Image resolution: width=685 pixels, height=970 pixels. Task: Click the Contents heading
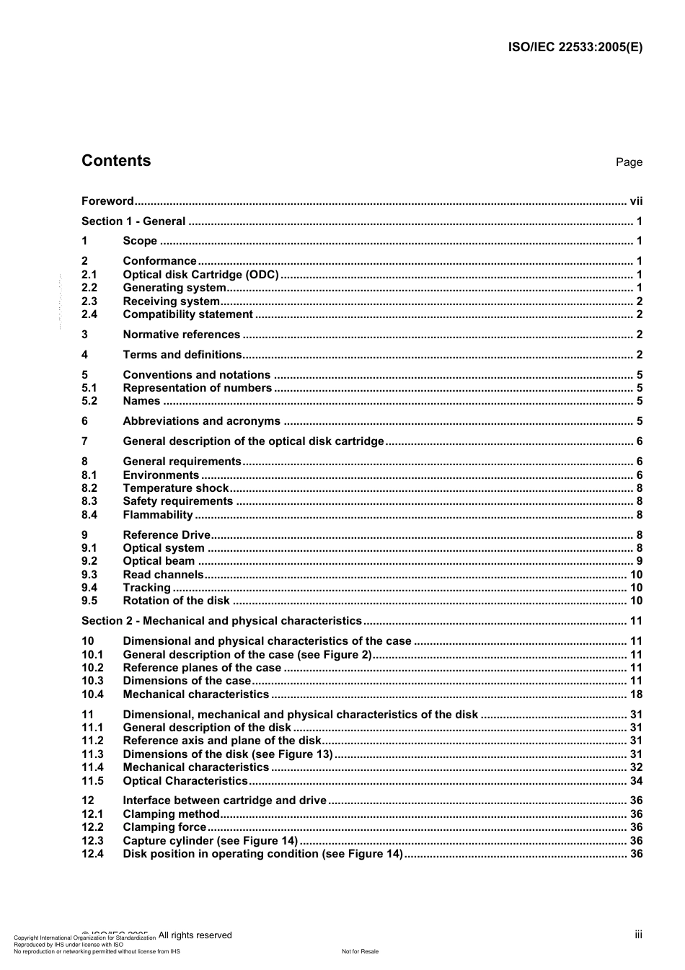point(116,161)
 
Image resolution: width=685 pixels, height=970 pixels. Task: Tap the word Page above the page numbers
point(629,162)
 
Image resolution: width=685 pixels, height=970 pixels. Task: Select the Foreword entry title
point(107,201)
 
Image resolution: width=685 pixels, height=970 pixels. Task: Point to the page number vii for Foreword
point(636,201)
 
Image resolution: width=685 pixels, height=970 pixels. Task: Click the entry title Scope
point(140,241)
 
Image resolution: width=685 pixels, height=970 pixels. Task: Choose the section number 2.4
point(89,314)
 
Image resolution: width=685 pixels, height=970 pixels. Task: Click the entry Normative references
point(182,335)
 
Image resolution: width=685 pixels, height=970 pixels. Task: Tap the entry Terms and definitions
point(182,355)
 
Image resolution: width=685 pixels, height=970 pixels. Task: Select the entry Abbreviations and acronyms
point(202,421)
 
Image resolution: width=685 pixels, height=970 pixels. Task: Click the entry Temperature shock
point(176,488)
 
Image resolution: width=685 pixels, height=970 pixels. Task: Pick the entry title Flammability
point(158,515)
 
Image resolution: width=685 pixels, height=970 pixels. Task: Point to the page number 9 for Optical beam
point(640,561)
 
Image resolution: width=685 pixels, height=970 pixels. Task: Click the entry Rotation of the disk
point(177,601)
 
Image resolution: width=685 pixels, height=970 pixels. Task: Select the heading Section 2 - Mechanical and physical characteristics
point(221,621)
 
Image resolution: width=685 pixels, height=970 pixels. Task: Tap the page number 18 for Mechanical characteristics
point(636,695)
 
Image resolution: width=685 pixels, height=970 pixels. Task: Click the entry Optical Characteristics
point(185,781)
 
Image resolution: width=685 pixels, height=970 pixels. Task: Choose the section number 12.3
point(92,841)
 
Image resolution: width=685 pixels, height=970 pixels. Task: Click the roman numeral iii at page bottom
point(638,935)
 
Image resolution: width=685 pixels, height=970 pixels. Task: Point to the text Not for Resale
point(360,951)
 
